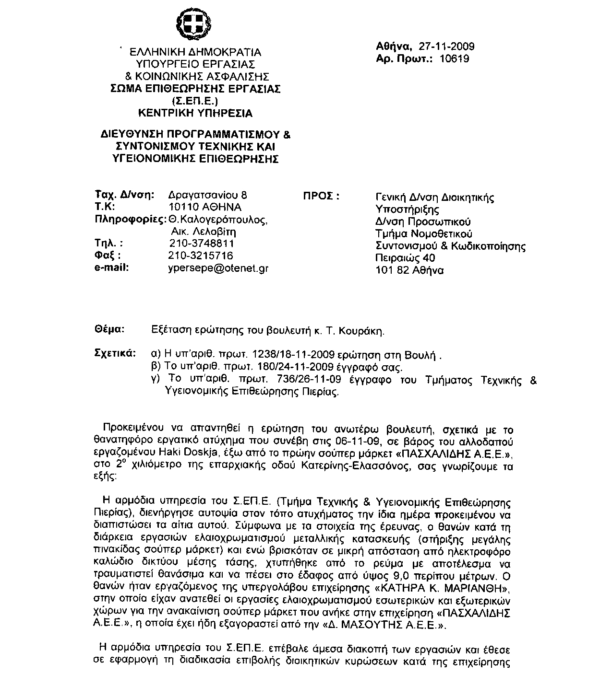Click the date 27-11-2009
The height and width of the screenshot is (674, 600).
coord(446,46)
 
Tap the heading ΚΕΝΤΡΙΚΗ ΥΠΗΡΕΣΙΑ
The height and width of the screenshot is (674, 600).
coord(195,114)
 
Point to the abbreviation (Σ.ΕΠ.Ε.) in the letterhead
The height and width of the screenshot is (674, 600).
coord(195,101)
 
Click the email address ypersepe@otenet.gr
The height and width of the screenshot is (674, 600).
coord(218,268)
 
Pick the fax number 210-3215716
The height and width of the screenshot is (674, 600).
coord(201,256)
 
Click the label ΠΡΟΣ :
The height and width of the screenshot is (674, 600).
coord(321,197)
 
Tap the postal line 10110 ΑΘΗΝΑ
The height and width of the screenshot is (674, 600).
coord(205,207)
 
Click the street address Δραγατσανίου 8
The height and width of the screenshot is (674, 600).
coord(208,195)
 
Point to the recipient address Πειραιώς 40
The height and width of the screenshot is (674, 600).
coord(405,258)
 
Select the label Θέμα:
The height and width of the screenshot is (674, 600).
coord(110,330)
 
